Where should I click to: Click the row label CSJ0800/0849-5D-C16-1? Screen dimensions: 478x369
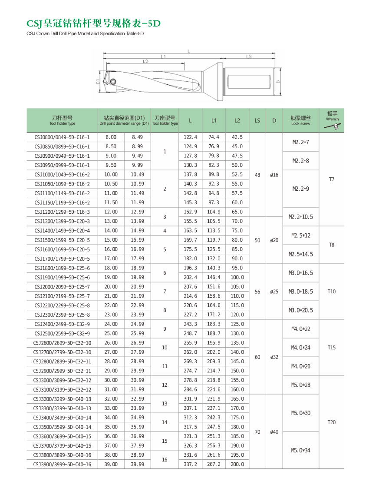coord(62,137)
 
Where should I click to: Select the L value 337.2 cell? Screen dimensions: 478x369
coord(190,465)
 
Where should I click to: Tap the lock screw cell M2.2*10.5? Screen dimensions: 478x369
coord(300,217)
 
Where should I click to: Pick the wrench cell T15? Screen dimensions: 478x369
coord(332,348)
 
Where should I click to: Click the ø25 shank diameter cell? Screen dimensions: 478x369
coord(274,292)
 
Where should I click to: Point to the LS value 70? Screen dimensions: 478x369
coord(257,432)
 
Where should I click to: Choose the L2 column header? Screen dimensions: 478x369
coord(237,120)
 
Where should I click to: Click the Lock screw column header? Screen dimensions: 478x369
coord(300,120)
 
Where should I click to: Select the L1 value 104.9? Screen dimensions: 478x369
coord(214,212)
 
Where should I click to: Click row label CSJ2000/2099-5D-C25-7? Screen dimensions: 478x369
coord(62,287)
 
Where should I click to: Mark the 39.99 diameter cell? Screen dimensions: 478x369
coord(137,465)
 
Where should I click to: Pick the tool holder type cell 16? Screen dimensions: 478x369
coord(165,460)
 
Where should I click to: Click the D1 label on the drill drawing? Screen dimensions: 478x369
coord(98,81)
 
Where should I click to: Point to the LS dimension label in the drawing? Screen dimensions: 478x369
coord(249,56)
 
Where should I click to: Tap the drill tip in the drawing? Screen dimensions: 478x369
coord(106,81)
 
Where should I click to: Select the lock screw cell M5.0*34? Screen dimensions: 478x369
coord(300,450)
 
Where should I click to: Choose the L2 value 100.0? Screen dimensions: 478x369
coord(237,277)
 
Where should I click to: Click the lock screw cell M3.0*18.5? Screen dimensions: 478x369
coord(300,292)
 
